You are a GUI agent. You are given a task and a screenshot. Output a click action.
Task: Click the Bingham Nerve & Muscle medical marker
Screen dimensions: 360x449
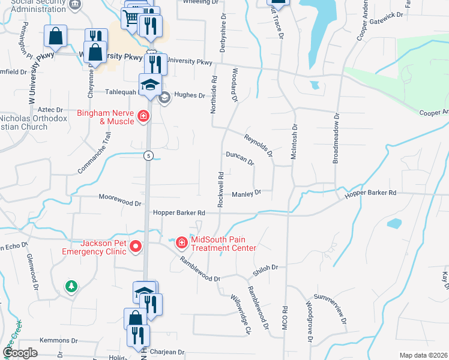(x=143, y=116)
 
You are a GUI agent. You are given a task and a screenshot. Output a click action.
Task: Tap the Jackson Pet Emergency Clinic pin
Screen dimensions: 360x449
(x=136, y=246)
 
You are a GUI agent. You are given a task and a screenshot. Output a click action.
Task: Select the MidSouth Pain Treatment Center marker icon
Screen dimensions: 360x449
(x=182, y=242)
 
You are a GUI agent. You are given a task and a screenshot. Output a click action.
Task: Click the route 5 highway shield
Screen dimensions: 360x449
(x=148, y=156)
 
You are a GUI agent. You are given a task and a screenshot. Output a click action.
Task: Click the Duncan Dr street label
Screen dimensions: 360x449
(x=240, y=158)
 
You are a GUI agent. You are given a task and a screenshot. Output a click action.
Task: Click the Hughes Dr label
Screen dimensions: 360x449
(x=188, y=95)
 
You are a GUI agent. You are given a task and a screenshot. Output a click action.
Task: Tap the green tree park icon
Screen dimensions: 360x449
(x=71, y=286)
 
